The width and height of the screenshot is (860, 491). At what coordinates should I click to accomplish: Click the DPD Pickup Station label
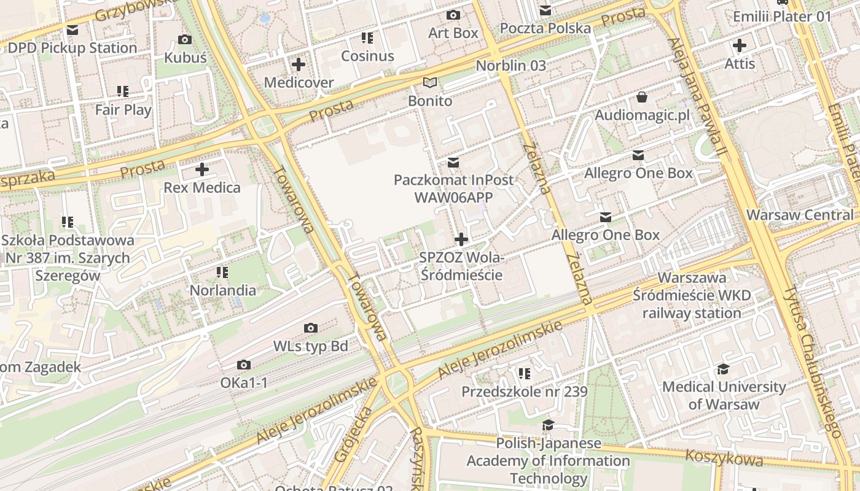tap(72, 48)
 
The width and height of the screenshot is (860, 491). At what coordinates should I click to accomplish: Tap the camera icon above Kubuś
tap(184, 40)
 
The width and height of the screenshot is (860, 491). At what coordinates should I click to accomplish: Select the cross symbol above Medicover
tap(299, 64)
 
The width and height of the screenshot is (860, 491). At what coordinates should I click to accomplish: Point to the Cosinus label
tap(367, 56)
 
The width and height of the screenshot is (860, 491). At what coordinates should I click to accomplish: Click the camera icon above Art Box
tap(453, 15)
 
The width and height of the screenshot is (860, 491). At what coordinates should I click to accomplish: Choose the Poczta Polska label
tap(545, 28)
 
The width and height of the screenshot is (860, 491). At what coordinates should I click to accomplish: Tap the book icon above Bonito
tap(430, 83)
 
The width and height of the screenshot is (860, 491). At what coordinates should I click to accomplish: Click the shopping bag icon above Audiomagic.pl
tap(642, 97)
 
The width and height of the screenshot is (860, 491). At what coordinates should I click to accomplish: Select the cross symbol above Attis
tap(740, 45)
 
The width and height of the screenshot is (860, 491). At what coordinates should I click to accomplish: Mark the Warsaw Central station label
tap(800, 215)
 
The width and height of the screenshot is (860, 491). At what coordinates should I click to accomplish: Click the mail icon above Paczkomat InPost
tap(453, 163)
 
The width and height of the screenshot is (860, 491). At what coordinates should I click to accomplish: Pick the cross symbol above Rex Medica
tap(202, 169)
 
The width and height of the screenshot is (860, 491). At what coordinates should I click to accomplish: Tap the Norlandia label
tap(223, 290)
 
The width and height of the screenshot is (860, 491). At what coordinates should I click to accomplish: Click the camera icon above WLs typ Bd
tap(311, 328)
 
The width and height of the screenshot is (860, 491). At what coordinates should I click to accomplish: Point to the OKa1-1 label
tap(244, 383)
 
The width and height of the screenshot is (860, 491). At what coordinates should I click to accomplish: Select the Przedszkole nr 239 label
tap(524, 392)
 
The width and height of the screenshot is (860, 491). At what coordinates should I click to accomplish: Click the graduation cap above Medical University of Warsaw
tap(723, 369)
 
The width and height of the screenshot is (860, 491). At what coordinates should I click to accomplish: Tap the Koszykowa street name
tap(724, 457)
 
